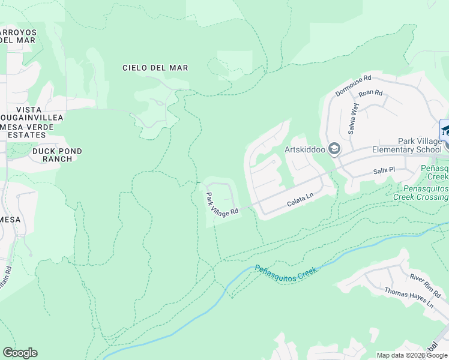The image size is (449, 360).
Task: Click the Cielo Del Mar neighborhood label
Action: tap(155, 68)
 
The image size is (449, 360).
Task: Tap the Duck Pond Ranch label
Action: tap(57, 155)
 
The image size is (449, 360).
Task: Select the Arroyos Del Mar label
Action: tap(18, 36)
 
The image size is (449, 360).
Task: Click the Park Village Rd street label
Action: tap(222, 205)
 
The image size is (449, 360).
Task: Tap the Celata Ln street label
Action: tap(300, 200)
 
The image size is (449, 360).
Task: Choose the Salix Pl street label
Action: tap(384, 170)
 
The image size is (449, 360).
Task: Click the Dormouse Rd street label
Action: tap(354, 85)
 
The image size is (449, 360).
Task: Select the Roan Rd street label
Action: tap(370, 93)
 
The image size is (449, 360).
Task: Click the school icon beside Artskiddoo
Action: tap(334, 149)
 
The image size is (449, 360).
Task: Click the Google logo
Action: tap(20, 353)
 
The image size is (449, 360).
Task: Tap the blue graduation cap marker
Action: tap(445, 130)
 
